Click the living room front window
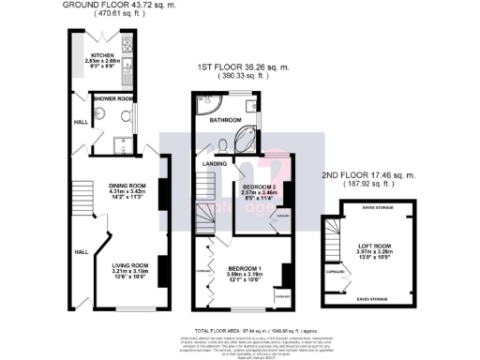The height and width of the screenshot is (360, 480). pyautogui.click(x=132, y=310)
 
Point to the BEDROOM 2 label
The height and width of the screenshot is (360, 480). pyautogui.click(x=253, y=187)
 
